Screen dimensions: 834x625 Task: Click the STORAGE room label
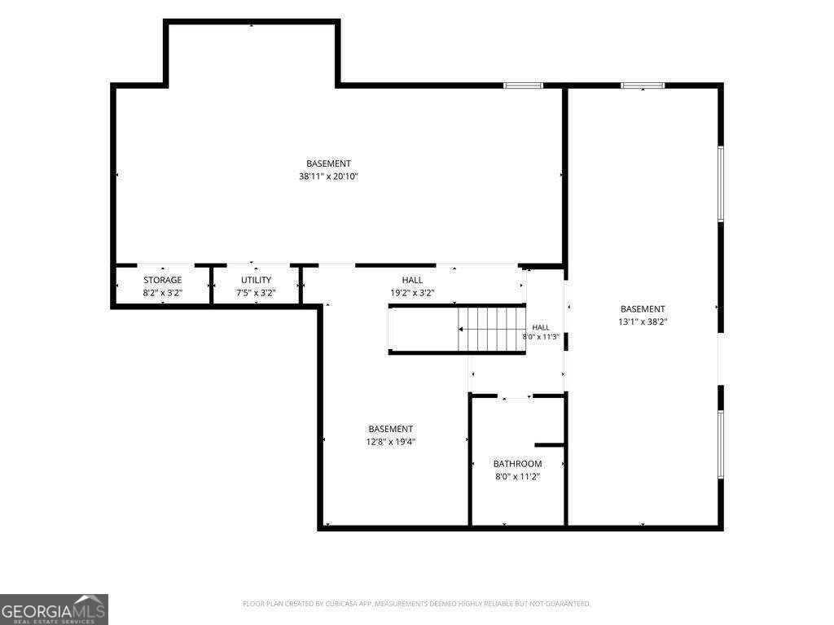[162, 280]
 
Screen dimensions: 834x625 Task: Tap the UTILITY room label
[256, 280]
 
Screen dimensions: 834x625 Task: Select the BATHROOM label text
[517, 464]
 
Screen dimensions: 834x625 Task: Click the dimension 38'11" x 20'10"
[328, 177]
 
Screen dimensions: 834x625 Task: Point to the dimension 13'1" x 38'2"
[643, 321]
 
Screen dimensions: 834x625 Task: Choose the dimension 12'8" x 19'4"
[390, 442]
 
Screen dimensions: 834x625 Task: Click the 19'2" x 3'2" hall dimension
[412, 292]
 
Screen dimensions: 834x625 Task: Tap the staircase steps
[491, 329]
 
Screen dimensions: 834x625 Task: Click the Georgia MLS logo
[54, 610]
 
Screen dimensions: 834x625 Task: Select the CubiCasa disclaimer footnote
[416, 604]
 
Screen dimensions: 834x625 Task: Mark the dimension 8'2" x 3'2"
[162, 292]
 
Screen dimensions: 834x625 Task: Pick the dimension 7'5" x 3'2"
[256, 292]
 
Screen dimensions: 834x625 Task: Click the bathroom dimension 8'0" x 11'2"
[517, 477]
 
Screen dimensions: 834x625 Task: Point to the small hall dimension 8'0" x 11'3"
[541, 336]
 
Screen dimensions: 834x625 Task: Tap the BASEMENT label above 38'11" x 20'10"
[328, 164]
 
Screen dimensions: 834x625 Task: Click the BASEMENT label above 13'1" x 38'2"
[643, 308]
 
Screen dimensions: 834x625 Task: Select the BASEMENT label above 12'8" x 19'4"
[390, 429]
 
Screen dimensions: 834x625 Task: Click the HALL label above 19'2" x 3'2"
[412, 280]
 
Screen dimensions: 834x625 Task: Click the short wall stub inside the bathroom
[549, 445]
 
